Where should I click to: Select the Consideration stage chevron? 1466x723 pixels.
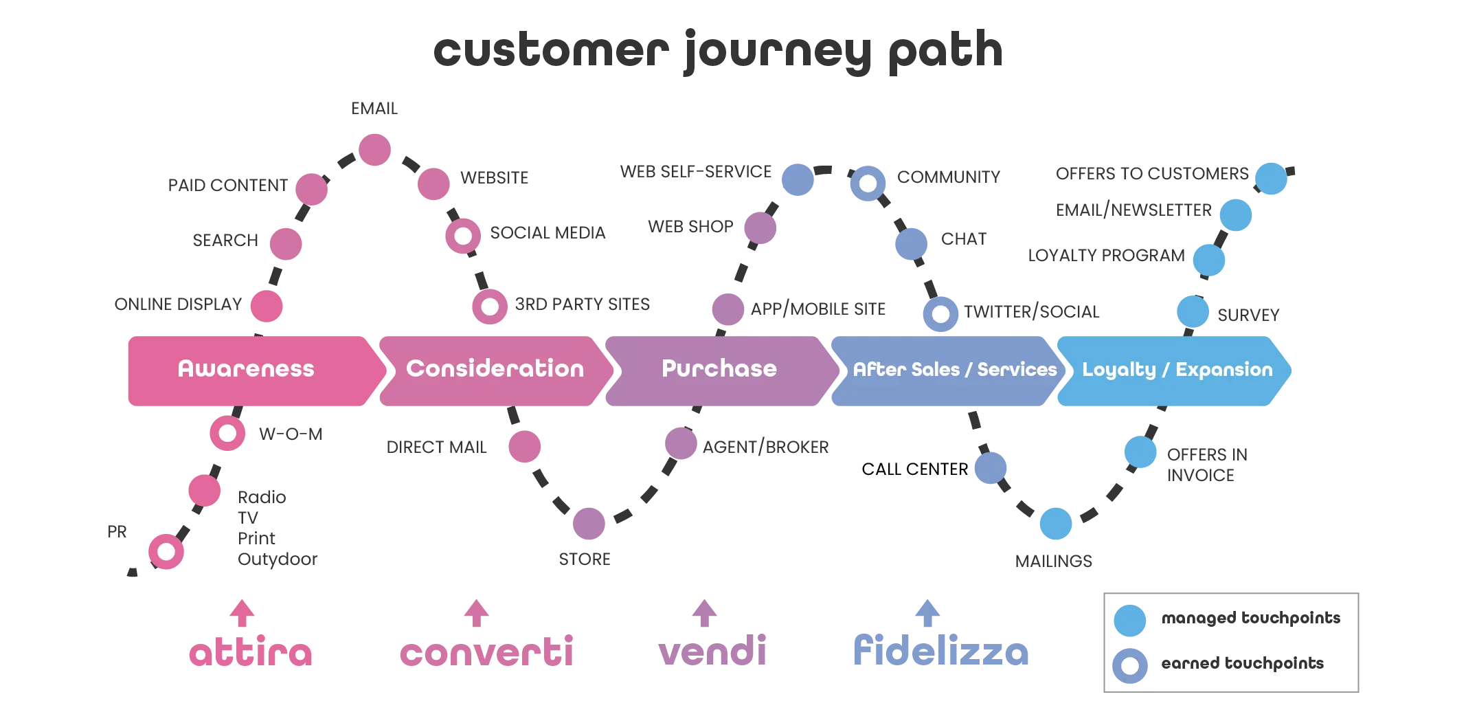pyautogui.click(x=495, y=370)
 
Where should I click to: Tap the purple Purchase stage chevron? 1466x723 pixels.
pyautogui.click(x=719, y=370)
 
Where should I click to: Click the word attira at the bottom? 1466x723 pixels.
pyautogui.click(x=250, y=652)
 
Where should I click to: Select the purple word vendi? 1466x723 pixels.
pyautogui.click(x=712, y=650)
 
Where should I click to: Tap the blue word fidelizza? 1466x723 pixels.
pyautogui.click(x=941, y=650)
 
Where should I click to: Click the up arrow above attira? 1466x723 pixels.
pyautogui.click(x=242, y=612)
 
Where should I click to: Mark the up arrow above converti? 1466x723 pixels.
pyautogui.click(x=475, y=612)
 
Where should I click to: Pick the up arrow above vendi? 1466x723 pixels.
pyautogui.click(x=703, y=612)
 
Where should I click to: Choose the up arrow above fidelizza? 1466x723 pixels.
pyautogui.click(x=928, y=612)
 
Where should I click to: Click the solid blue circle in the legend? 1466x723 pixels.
pyautogui.click(x=1129, y=620)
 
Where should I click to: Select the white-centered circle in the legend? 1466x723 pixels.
pyautogui.click(x=1129, y=665)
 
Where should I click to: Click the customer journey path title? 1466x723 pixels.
pyautogui.click(x=720, y=49)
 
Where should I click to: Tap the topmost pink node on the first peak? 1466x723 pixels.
pyautogui.click(x=374, y=150)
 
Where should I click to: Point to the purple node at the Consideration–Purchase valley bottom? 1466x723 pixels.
pyautogui.click(x=589, y=524)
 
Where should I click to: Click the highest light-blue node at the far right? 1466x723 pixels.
pyautogui.click(x=1271, y=178)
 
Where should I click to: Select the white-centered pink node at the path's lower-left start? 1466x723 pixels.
pyautogui.click(x=167, y=551)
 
